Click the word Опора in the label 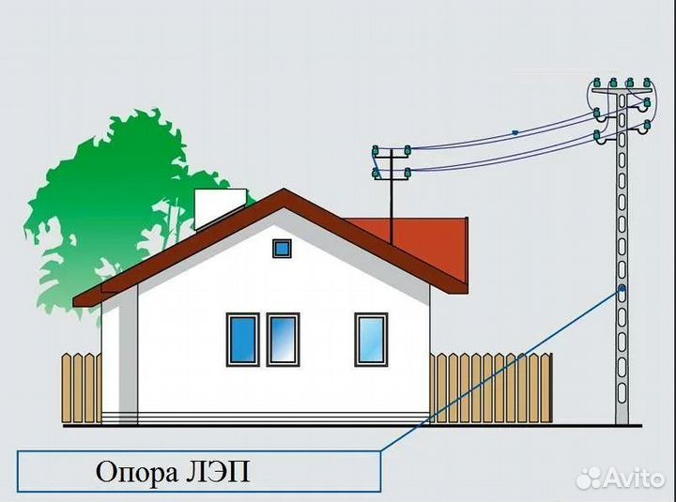137,472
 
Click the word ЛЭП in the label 218,471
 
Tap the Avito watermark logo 621,478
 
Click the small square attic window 282,249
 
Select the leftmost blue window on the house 243,340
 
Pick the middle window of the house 283,340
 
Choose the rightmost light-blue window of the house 371,340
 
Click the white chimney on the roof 221,209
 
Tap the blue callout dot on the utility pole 622,289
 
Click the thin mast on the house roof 392,196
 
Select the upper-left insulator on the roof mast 375,151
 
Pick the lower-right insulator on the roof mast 407,174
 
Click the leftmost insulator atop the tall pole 597,83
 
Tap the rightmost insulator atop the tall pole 646,83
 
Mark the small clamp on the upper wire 515,132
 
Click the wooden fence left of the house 82,388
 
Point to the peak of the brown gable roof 284,189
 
